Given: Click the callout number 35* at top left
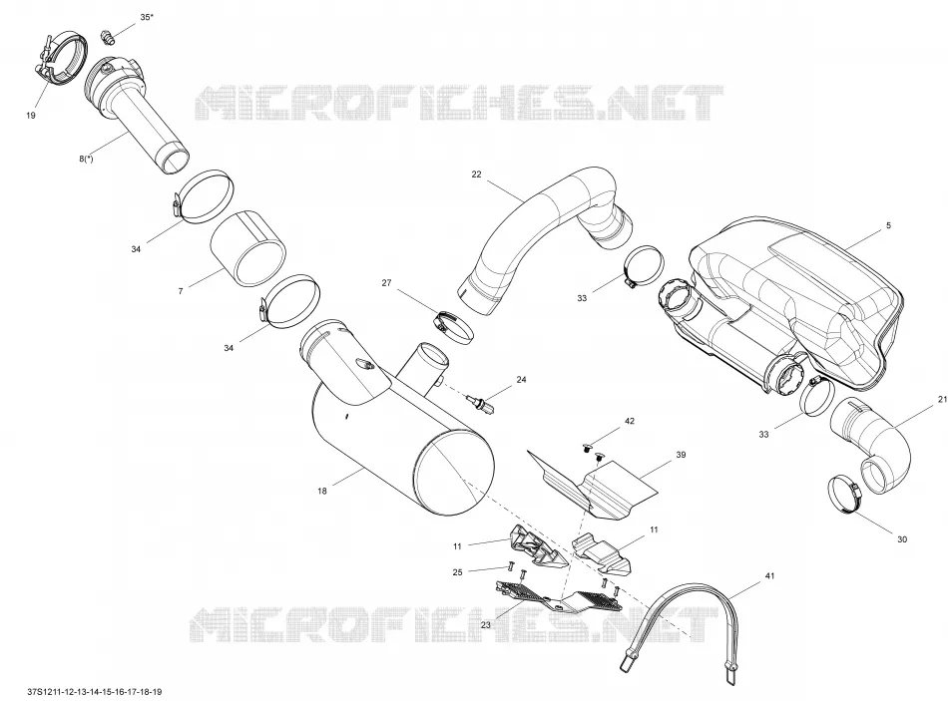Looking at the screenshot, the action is click(147, 17).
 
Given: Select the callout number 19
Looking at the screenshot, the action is click(31, 116).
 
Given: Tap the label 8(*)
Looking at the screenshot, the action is click(86, 159).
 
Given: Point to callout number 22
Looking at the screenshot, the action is click(476, 175).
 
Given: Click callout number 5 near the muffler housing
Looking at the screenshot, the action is click(888, 225).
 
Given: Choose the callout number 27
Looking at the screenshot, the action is click(386, 282).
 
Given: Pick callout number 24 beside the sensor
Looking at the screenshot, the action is click(521, 380).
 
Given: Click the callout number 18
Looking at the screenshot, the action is click(322, 491).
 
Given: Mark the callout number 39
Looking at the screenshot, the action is click(681, 455).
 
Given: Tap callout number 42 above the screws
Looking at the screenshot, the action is click(630, 421).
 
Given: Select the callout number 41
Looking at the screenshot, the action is click(769, 576).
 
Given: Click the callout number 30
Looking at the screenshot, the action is click(901, 539).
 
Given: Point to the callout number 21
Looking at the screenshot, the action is click(943, 399).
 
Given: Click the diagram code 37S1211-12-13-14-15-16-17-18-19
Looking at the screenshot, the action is click(95, 691).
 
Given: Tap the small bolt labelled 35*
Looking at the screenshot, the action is click(109, 38).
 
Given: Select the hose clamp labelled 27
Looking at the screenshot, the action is click(453, 326).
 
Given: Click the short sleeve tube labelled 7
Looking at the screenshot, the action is click(247, 249).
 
